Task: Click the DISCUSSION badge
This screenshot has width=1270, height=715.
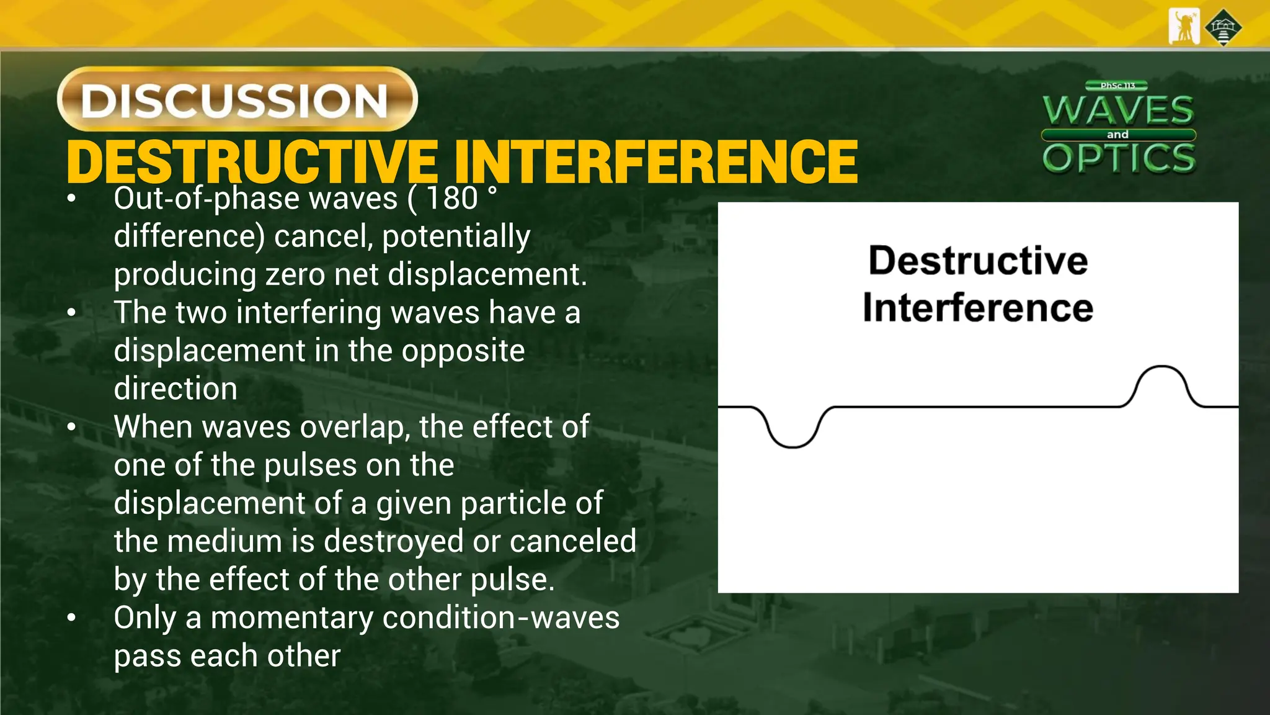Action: (x=237, y=99)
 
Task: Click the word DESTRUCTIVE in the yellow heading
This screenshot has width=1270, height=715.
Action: (x=252, y=162)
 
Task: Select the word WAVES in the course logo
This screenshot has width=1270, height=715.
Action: (x=1118, y=110)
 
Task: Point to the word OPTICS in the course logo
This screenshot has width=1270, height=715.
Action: (x=1119, y=158)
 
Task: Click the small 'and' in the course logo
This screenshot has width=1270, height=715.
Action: (x=1117, y=135)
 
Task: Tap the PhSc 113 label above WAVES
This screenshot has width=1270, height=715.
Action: (x=1117, y=86)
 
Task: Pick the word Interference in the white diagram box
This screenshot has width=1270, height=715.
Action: (x=978, y=308)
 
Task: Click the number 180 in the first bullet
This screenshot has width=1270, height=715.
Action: (x=452, y=199)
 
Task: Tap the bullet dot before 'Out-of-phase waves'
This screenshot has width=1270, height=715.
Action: (x=72, y=199)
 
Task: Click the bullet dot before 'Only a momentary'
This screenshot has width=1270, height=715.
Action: (x=72, y=618)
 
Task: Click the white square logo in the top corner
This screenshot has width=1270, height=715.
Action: (x=1183, y=27)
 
